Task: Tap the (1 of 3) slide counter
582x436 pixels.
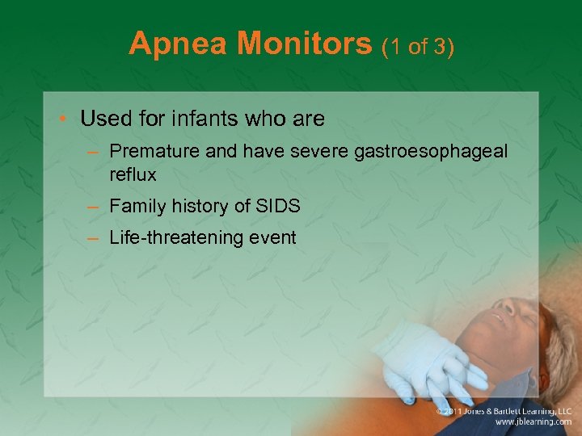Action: point(419,46)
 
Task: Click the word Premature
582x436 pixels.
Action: point(150,151)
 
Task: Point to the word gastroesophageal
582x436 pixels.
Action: point(433,151)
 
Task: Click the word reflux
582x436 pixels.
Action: point(133,174)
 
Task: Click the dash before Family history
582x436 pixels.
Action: point(94,207)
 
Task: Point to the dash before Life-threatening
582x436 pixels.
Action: point(94,238)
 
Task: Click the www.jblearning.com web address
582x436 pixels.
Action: point(534,422)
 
